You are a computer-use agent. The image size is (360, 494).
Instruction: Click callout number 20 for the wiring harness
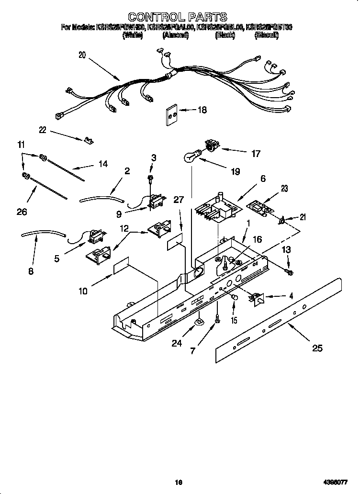(x=82, y=55)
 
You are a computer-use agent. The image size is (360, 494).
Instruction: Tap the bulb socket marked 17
(x=211, y=144)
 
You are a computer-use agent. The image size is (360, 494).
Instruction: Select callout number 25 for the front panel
(x=317, y=348)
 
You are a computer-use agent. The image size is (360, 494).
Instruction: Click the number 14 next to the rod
(x=102, y=164)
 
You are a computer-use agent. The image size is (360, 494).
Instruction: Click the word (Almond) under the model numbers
(x=175, y=35)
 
